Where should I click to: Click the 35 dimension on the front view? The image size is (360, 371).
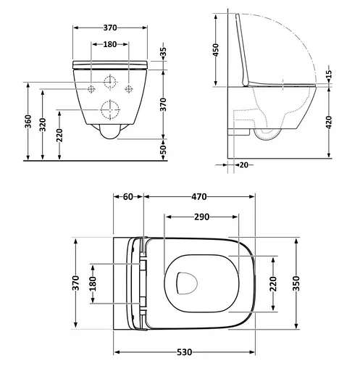coord(164,54)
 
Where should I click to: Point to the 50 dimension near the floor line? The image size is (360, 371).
coord(164,149)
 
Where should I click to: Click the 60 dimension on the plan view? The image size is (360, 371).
coord(128,196)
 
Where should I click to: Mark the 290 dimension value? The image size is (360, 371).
coord(201,217)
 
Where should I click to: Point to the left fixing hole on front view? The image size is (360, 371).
coord(92,89)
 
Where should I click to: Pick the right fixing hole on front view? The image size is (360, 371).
coord(129,89)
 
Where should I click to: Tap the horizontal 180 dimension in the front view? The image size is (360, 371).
coord(110,45)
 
